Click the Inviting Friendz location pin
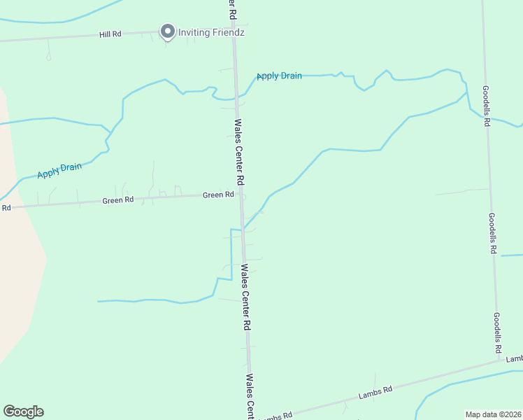point(167,31)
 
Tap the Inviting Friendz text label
point(211,32)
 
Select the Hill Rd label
point(110,34)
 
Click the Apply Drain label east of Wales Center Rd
point(279,76)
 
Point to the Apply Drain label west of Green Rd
point(59,169)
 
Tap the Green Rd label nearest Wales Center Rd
point(218,195)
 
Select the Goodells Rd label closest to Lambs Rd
point(497,332)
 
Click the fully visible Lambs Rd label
point(375,393)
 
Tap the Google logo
point(23,412)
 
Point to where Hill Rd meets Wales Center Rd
point(234,31)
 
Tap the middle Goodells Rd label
point(492,233)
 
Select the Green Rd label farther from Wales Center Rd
point(117,200)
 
